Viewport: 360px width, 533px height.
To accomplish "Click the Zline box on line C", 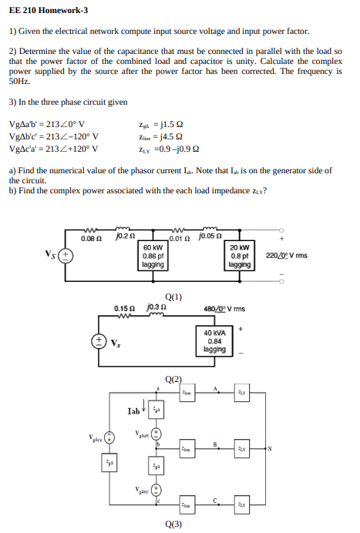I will pos(185,503).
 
